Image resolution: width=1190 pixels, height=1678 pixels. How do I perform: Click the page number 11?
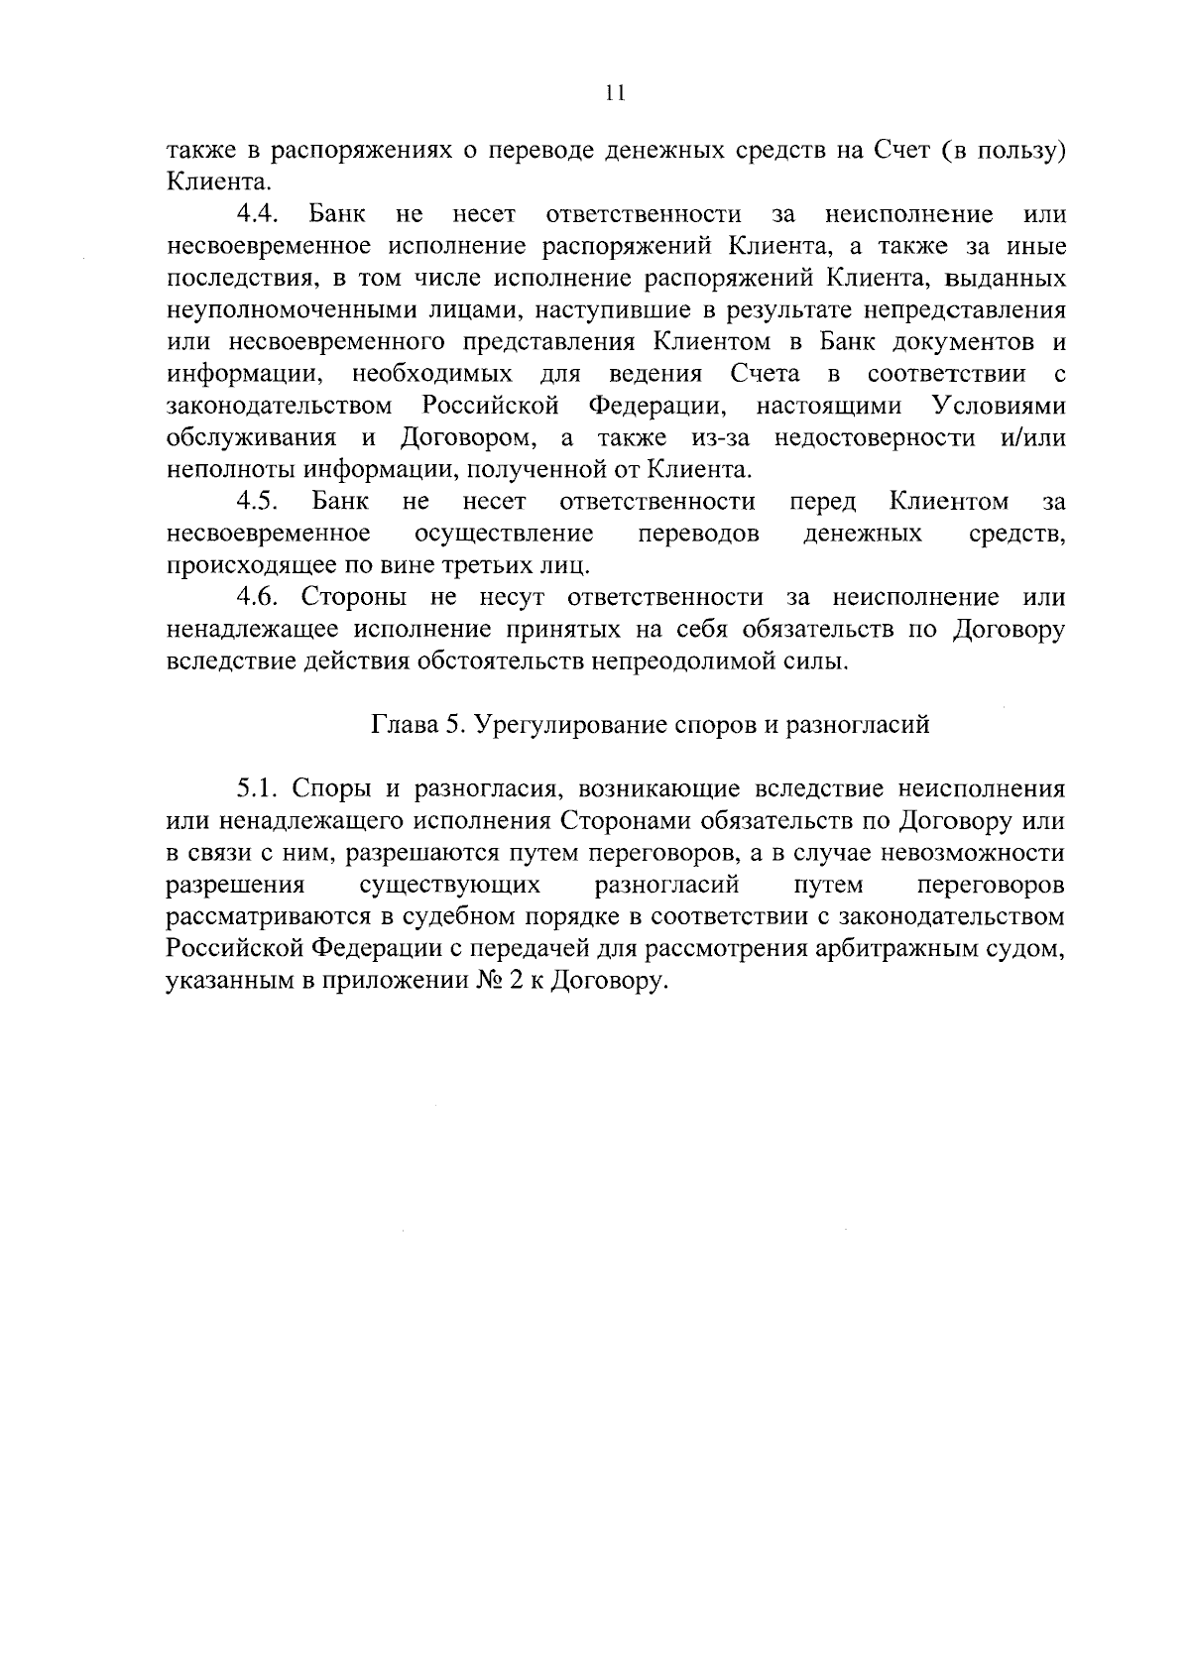pos(615,93)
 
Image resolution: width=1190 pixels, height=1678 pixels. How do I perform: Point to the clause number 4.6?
pos(262,597)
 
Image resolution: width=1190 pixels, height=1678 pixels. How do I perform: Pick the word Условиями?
pos(999,406)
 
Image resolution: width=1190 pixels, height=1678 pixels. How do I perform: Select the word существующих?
pos(450,885)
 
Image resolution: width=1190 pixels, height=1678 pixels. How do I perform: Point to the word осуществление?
pos(505,534)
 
